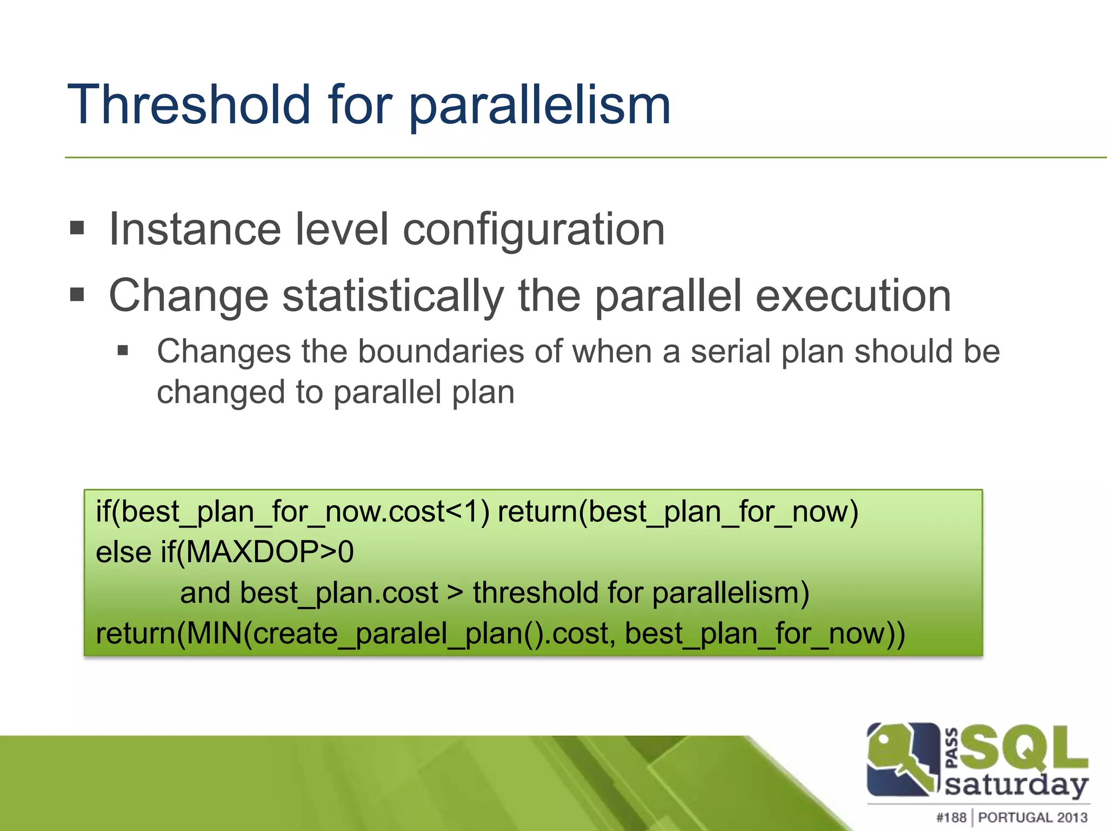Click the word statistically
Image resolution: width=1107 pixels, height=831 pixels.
click(x=394, y=296)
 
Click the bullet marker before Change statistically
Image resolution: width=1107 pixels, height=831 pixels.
click(x=77, y=295)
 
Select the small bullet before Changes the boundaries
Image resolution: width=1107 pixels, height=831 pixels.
click(x=123, y=351)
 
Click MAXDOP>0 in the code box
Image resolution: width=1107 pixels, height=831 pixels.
click(x=269, y=552)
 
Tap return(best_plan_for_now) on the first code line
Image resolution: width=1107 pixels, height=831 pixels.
click(x=678, y=512)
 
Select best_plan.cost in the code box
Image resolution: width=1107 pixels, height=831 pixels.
click(x=339, y=593)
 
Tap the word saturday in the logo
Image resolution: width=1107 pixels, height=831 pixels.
click(x=1016, y=784)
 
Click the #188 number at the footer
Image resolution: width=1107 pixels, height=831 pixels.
click(x=951, y=817)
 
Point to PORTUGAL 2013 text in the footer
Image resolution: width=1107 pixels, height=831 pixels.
click(x=1032, y=817)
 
